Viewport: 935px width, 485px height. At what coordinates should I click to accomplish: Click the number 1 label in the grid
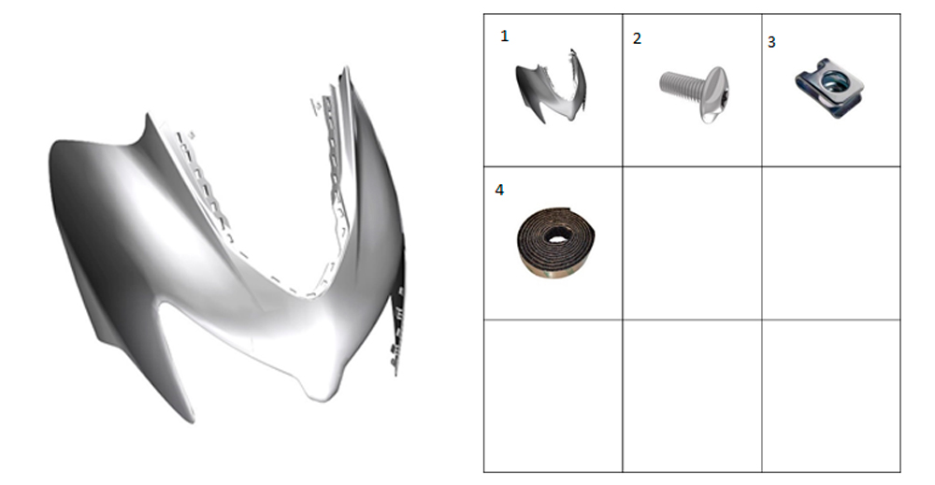(505, 36)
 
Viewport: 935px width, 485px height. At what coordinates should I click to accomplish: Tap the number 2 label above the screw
(637, 38)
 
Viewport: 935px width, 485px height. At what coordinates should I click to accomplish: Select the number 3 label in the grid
(771, 42)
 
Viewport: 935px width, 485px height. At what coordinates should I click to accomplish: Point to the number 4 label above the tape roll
(499, 190)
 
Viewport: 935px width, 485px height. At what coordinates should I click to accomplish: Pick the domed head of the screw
(715, 95)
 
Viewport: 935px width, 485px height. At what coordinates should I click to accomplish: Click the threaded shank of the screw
(681, 84)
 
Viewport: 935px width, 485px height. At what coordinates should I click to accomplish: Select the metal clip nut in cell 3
(829, 87)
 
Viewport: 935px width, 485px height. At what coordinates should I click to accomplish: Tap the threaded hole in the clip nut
(829, 79)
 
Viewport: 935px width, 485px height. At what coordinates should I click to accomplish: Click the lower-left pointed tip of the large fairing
(192, 421)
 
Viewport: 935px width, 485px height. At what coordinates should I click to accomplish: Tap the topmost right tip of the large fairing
(345, 69)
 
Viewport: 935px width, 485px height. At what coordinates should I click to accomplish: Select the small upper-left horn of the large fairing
(146, 124)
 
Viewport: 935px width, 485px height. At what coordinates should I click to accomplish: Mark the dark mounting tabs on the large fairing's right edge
(397, 321)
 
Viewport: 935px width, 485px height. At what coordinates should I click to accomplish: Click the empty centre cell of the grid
(692, 243)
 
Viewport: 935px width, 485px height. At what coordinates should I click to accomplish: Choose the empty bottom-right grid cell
(830, 396)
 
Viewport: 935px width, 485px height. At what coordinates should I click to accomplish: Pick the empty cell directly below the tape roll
(553, 396)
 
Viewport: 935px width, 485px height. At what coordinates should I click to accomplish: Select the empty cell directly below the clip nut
(830, 243)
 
